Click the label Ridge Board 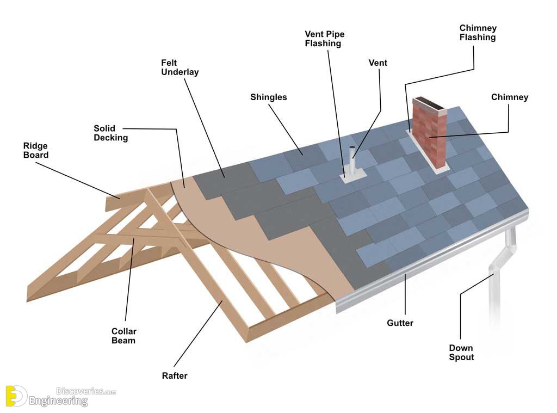point(35,150)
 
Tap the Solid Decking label point(110,133)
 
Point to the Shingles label point(268,97)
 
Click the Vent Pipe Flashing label point(324,39)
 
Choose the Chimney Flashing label point(478,33)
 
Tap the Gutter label point(400,323)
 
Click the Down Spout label point(461,353)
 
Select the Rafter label point(174,375)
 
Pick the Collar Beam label point(123,336)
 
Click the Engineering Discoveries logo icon point(16,396)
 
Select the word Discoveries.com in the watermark point(86,391)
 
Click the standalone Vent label point(377,63)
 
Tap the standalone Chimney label point(509,97)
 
